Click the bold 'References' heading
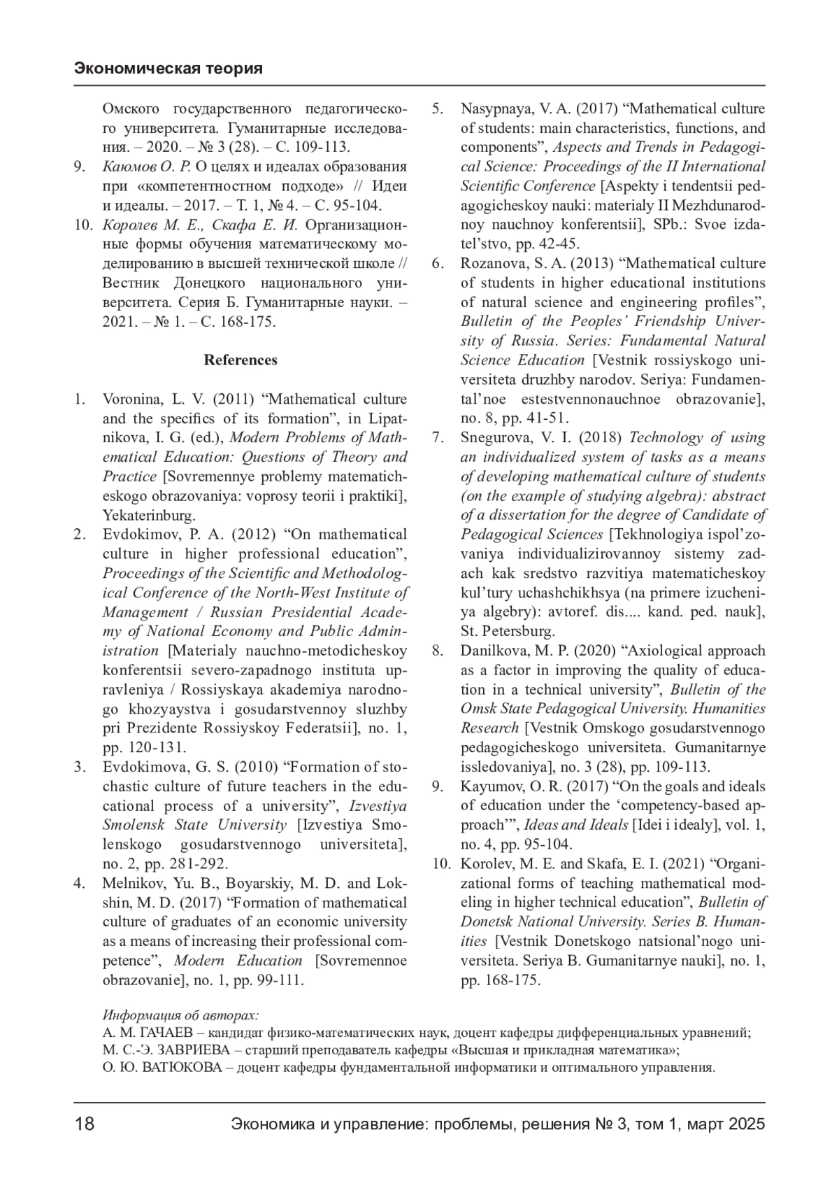(x=241, y=360)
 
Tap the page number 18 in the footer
(x=84, y=1124)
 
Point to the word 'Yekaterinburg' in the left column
(x=148, y=516)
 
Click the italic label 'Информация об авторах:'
(x=180, y=1015)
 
